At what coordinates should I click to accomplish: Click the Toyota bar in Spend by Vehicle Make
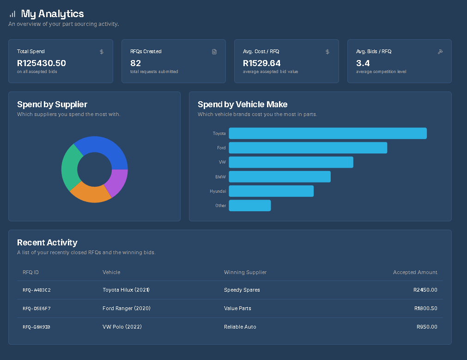click(x=328, y=134)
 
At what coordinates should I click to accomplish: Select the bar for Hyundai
click(x=271, y=191)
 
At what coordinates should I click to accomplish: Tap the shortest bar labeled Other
click(x=249, y=206)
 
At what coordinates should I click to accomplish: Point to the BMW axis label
click(x=220, y=177)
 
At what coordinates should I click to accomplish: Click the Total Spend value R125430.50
click(x=42, y=63)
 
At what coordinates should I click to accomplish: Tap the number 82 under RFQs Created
click(x=135, y=63)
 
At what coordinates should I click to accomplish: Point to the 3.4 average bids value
click(x=363, y=63)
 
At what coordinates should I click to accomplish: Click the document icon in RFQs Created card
click(x=214, y=52)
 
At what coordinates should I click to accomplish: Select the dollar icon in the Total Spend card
click(x=102, y=52)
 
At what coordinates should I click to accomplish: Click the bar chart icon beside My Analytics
click(x=12, y=14)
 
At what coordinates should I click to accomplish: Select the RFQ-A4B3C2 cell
click(x=36, y=290)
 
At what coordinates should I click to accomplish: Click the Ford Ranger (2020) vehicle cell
click(x=127, y=308)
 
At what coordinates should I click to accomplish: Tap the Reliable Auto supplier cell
click(x=240, y=327)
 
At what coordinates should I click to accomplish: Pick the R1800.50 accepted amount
click(x=425, y=308)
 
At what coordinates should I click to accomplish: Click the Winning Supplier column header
click(x=245, y=272)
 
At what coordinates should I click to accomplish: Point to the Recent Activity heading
click(x=47, y=243)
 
